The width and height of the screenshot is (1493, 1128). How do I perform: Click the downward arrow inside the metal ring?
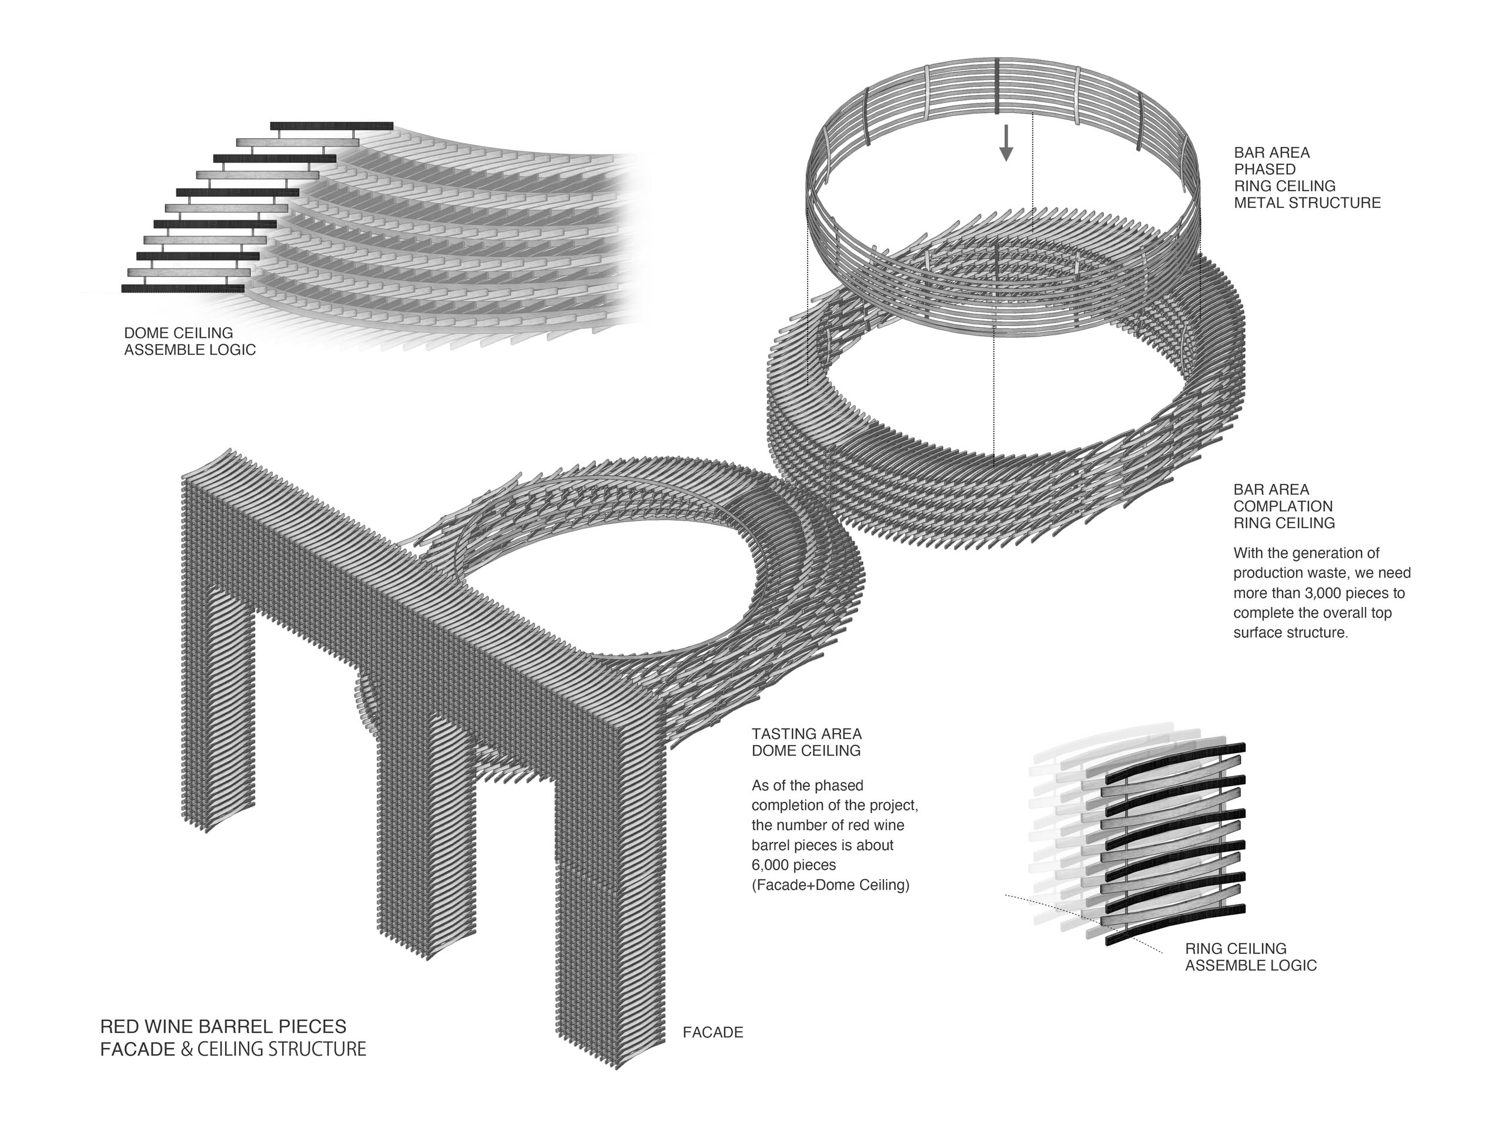coord(1006,142)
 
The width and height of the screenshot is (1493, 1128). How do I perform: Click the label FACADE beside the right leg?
coord(713,1032)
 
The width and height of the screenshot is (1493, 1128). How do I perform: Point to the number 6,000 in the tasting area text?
coord(775,865)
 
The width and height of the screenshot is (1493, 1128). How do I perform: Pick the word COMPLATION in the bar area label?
coord(1283,506)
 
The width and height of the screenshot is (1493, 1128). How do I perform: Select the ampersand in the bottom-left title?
coord(187,1050)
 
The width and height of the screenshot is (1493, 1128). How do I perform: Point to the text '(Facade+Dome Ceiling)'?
coord(830,884)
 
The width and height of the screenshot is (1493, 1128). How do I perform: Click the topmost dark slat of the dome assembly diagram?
coord(332,126)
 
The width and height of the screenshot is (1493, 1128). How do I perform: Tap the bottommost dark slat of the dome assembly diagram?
coord(183,288)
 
